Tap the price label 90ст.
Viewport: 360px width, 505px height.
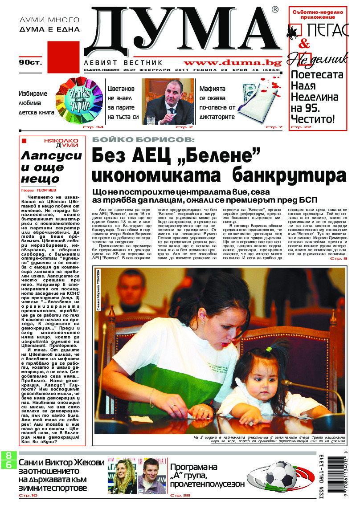tap(29, 63)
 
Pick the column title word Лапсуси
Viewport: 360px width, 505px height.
tap(53, 155)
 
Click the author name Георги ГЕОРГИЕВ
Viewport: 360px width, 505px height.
tap(40, 189)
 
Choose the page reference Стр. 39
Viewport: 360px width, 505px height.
tap(180, 495)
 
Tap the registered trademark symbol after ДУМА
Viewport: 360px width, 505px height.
tap(275, 9)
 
